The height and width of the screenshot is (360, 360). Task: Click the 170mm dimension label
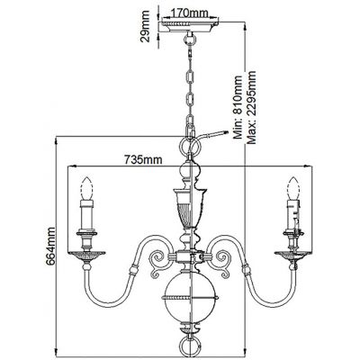coord(186,13)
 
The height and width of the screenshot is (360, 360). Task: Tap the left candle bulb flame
coord(86,189)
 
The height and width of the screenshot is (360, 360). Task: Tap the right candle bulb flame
coord(292,189)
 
